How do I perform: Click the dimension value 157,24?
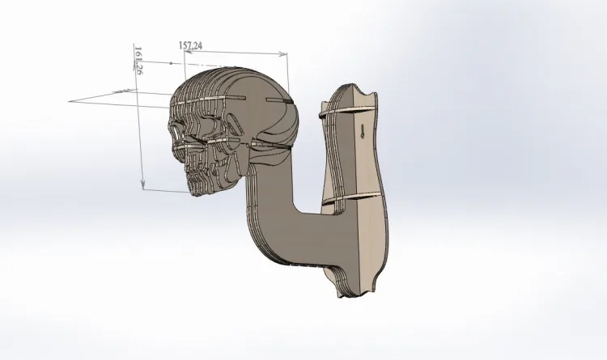click(190, 45)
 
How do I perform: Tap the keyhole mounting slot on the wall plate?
click(363, 131)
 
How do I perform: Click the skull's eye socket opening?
click(176, 132)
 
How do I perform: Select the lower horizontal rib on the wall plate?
click(351, 198)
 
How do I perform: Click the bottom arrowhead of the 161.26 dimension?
click(143, 186)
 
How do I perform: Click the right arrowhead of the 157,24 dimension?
click(285, 54)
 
